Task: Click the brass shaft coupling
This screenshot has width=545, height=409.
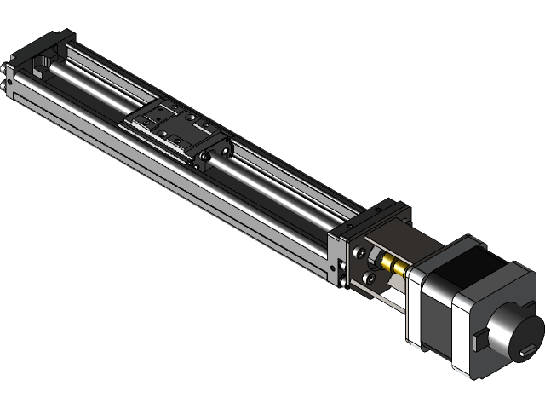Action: pyautogui.click(x=394, y=265)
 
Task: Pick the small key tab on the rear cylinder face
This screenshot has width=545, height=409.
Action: pyautogui.click(x=525, y=349)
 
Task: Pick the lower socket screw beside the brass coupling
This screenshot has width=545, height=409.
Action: pyautogui.click(x=369, y=278)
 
